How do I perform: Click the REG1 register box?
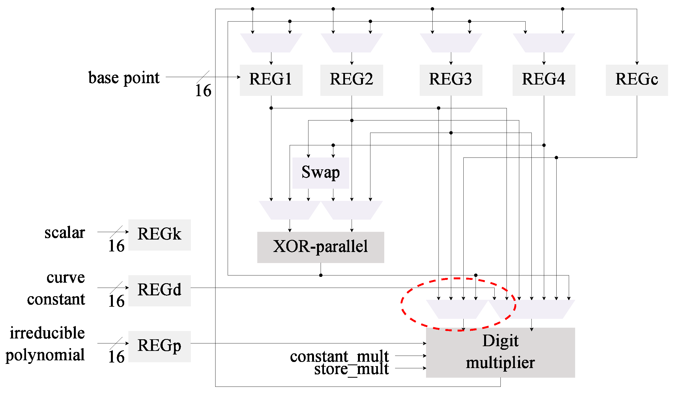[x=271, y=80]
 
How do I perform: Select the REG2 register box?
[x=351, y=80]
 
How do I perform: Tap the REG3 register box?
[x=451, y=80]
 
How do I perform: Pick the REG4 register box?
[x=544, y=80]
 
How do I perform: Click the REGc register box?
[x=637, y=80]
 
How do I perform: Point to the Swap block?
[x=321, y=173]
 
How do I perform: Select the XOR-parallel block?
[x=320, y=247]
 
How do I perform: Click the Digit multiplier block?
[x=500, y=352]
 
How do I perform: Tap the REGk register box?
[x=159, y=235]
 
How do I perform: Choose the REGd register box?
[x=159, y=290]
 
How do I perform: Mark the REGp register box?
[x=159, y=346]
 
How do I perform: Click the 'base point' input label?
[x=124, y=78]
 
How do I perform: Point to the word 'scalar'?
[x=64, y=233]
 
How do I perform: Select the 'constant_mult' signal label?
[x=339, y=356]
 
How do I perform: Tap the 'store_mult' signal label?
[x=351, y=369]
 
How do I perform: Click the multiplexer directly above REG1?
[x=271, y=43]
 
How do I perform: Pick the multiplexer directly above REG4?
[x=544, y=43]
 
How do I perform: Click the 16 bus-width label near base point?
[x=203, y=91]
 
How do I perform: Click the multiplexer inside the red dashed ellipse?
[x=457, y=309]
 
